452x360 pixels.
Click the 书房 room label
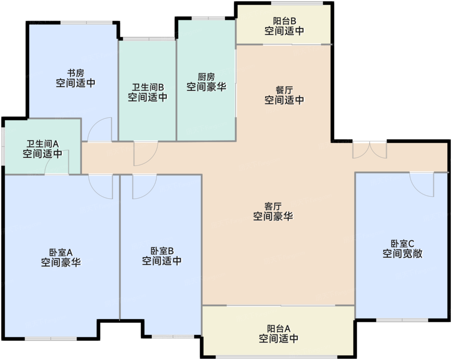coord(76,73)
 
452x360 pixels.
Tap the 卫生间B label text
coord(148,87)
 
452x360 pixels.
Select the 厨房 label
coord(206,77)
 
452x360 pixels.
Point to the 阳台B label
coord(285,21)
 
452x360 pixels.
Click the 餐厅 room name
coord(284,90)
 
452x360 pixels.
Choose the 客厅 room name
coord(273,207)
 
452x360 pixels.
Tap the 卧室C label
coord(402,244)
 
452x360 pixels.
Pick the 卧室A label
coord(61,252)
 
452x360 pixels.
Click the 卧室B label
coord(162,251)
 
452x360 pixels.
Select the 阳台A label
coord(279,329)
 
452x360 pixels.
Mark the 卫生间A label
coord(43,144)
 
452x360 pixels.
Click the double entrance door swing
coord(370,150)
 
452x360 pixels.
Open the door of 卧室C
coord(422,185)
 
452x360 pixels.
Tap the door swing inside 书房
coord(99,129)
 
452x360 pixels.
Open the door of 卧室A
coord(101,187)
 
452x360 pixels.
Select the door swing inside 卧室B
coord(145,187)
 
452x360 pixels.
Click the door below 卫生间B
coord(146,154)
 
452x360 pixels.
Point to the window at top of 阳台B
coord(297,3)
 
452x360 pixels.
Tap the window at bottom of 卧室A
coord(51,339)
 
